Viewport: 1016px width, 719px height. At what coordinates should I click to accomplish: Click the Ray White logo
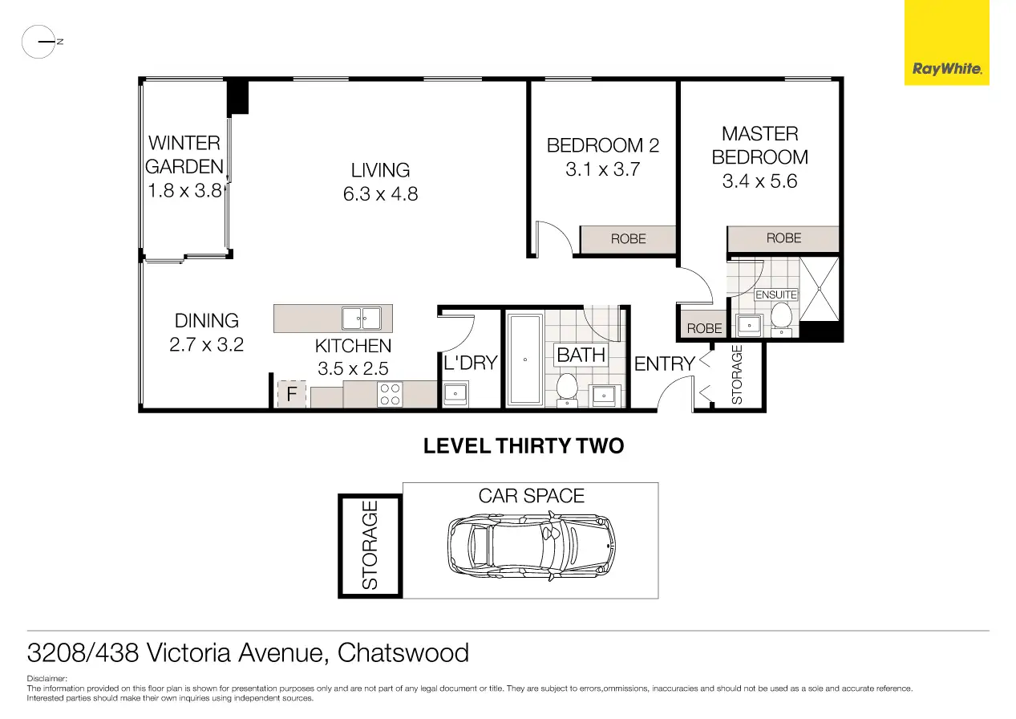946,43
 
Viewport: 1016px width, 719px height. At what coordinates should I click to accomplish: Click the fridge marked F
292,393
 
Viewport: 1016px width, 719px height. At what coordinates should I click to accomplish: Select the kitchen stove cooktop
390,395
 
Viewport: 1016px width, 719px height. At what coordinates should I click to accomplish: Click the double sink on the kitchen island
362,319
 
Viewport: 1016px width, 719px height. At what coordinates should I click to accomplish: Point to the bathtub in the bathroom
525,359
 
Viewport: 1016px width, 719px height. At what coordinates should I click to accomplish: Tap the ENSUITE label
776,295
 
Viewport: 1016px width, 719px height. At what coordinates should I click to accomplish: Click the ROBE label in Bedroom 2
628,239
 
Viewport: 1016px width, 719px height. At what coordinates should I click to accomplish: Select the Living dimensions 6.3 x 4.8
380,194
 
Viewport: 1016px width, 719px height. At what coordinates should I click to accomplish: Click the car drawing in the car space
531,546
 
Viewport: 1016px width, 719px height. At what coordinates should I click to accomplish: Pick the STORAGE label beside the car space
370,545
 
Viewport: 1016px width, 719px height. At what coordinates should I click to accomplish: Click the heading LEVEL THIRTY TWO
524,445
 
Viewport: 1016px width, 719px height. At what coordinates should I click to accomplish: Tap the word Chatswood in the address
403,652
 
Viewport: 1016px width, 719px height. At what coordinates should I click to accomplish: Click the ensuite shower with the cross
820,289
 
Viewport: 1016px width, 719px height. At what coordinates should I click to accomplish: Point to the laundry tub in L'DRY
455,394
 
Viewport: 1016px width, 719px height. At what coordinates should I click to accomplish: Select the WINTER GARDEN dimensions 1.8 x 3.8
184,191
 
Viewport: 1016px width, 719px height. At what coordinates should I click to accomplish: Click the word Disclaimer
47,679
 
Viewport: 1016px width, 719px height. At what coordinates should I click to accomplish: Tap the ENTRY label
665,364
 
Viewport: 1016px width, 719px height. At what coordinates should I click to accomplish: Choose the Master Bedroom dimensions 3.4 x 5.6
759,181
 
